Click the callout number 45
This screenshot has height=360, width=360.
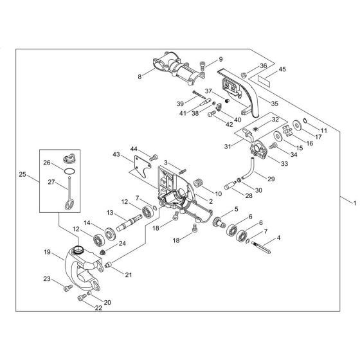282,69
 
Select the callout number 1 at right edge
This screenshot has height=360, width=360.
355,203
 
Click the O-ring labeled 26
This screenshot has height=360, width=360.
69,171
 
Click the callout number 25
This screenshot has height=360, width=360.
22,174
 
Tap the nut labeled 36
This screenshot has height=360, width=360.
244,75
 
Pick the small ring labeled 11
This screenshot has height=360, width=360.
305,120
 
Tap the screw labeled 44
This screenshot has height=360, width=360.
154,157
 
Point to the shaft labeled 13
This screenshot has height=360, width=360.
129,222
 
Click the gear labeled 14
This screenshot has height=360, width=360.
110,234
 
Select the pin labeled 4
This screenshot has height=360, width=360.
261,247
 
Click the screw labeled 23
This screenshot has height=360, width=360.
68,288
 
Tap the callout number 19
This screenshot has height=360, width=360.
47,252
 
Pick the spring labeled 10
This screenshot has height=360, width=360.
198,183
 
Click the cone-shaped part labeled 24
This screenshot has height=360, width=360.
103,252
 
